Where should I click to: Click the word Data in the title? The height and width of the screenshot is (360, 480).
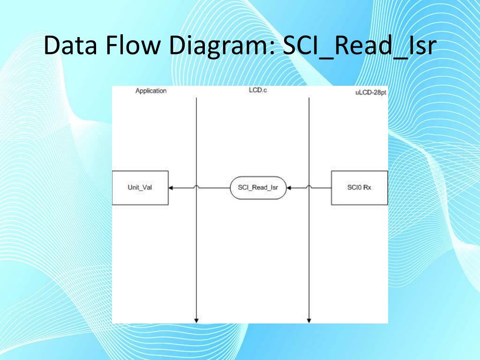point(71,46)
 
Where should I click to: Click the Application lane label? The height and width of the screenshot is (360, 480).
point(150,91)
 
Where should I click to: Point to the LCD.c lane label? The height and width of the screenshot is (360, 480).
point(258,90)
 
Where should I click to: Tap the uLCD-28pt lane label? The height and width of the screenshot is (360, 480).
point(370,92)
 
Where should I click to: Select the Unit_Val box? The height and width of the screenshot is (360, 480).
point(140,187)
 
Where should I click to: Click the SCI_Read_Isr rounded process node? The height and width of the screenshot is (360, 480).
point(258,187)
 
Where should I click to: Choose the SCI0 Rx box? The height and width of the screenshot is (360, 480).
point(360,187)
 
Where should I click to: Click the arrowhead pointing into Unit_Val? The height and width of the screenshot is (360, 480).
point(171,187)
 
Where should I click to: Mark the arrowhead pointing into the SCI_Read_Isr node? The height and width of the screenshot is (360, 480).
point(289,187)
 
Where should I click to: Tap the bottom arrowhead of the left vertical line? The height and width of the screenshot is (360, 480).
point(196,321)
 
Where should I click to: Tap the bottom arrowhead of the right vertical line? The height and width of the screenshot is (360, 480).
point(309,321)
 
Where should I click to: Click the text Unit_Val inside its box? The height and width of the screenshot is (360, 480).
point(140,187)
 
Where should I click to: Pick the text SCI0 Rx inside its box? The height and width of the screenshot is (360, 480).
point(360,187)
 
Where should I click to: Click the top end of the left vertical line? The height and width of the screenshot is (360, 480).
point(196,98)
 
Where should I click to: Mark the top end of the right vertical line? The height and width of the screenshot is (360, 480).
point(309,98)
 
